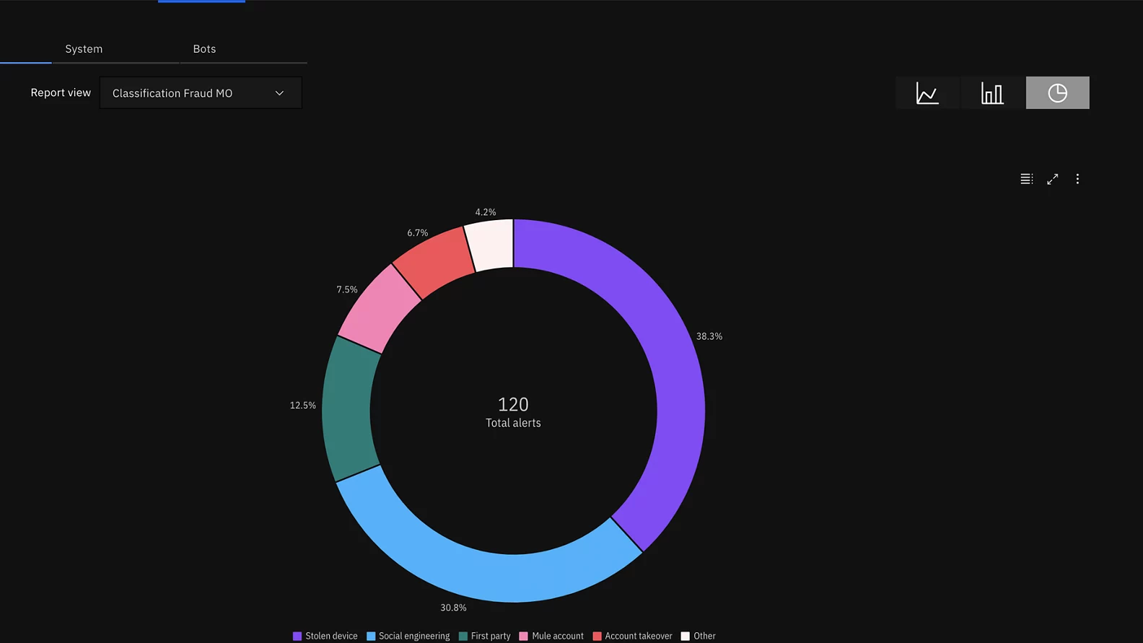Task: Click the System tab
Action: click(x=84, y=49)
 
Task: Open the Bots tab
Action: click(x=204, y=49)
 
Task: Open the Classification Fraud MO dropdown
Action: click(x=201, y=93)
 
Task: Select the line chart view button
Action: click(x=927, y=93)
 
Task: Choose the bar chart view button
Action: click(x=992, y=93)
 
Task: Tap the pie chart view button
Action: click(x=1057, y=93)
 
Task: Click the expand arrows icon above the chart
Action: click(x=1053, y=179)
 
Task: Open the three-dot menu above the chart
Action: click(x=1077, y=179)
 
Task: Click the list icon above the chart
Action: click(x=1026, y=179)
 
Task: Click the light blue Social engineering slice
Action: click(x=476, y=570)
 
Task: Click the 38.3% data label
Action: click(x=709, y=336)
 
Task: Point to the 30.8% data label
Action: click(x=453, y=608)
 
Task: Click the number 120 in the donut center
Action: click(x=513, y=404)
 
